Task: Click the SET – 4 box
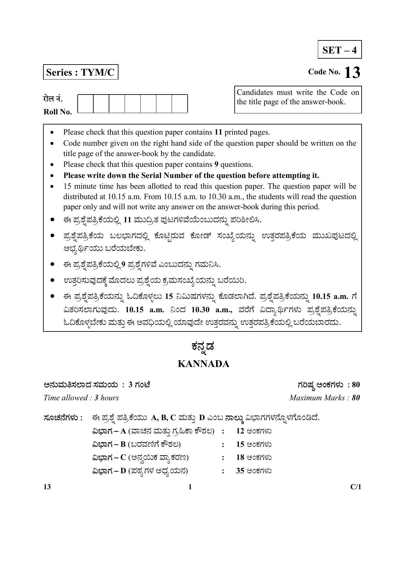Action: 339,50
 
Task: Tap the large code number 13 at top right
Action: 352,73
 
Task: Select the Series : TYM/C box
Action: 80,72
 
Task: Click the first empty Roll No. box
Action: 86,104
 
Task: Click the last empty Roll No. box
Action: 179,104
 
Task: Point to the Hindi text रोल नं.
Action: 53,98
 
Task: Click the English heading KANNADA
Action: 203,364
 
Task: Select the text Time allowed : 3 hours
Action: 81,398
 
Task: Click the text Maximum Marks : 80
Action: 324,398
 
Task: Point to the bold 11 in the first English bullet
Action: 218,132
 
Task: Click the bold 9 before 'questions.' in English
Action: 216,165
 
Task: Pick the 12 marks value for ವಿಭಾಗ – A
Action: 240,431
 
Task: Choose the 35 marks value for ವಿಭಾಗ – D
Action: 240,471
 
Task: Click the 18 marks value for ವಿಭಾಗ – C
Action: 240,458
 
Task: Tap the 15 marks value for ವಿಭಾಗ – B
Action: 240,445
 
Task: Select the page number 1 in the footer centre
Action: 190,487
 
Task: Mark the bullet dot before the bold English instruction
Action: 52,176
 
